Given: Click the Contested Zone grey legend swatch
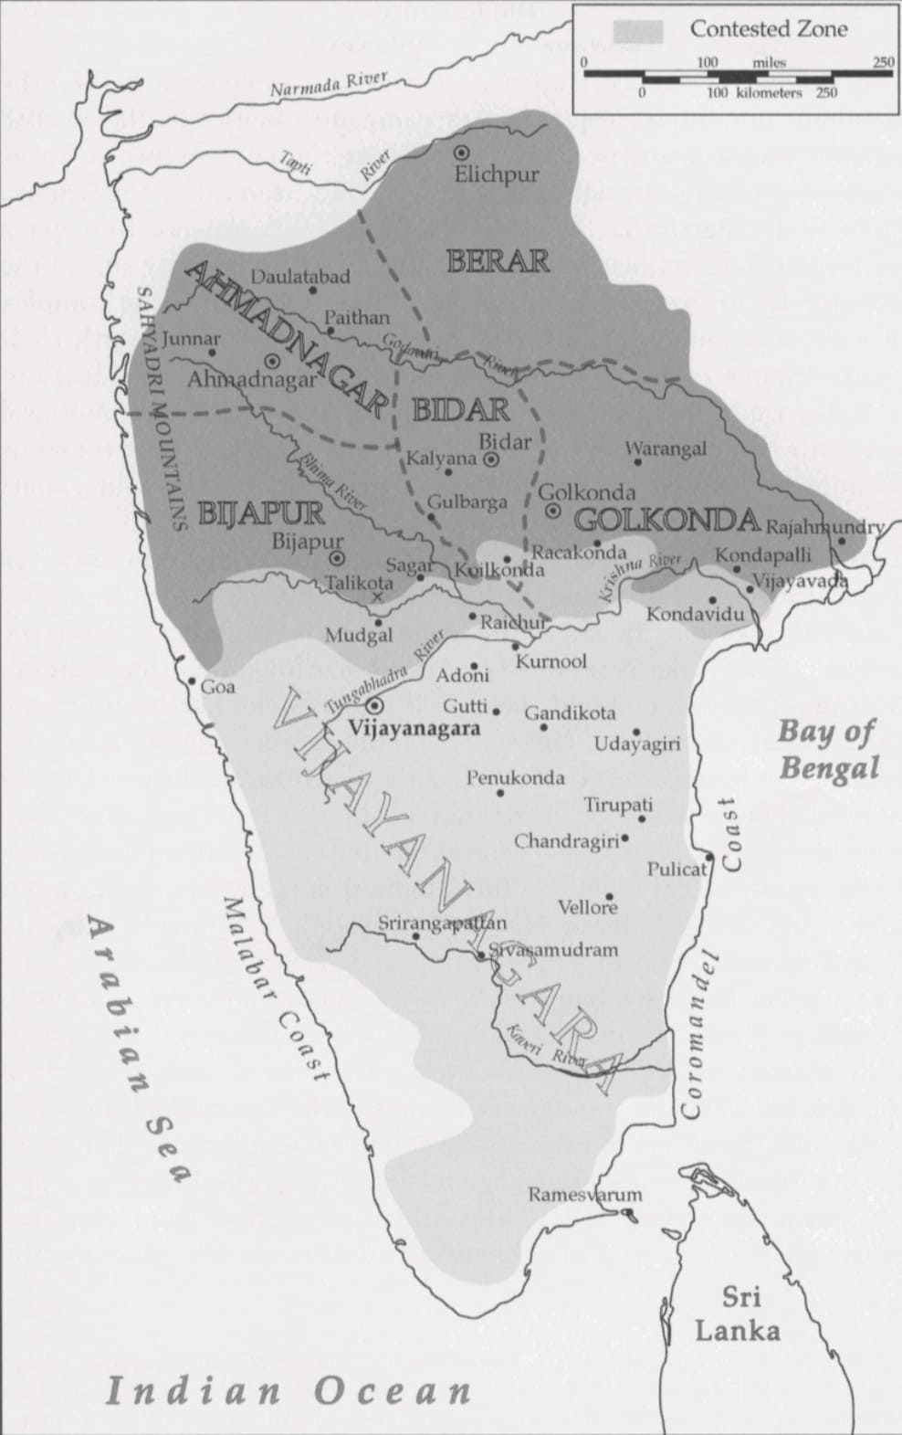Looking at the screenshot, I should point(637,30).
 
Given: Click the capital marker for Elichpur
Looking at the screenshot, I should point(462,152).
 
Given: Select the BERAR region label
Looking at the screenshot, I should point(498,261).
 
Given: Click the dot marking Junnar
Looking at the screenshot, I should point(213,352).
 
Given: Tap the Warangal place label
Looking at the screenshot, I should point(666,448).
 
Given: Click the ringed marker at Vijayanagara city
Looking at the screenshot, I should point(374,705).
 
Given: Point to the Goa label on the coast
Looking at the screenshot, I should point(218,687).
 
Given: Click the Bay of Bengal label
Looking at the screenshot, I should point(827,749).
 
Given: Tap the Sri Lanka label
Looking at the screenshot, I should point(738,1314).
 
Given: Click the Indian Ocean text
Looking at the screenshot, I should point(288,1392).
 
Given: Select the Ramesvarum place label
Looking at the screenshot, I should point(585,1195).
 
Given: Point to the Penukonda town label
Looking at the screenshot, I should point(516,778).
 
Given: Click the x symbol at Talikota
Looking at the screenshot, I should point(377,597).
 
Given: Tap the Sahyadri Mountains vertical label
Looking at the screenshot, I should point(162,409).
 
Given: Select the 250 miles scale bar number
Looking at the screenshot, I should point(882,62).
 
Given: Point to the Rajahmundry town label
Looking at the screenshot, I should point(824,527).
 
